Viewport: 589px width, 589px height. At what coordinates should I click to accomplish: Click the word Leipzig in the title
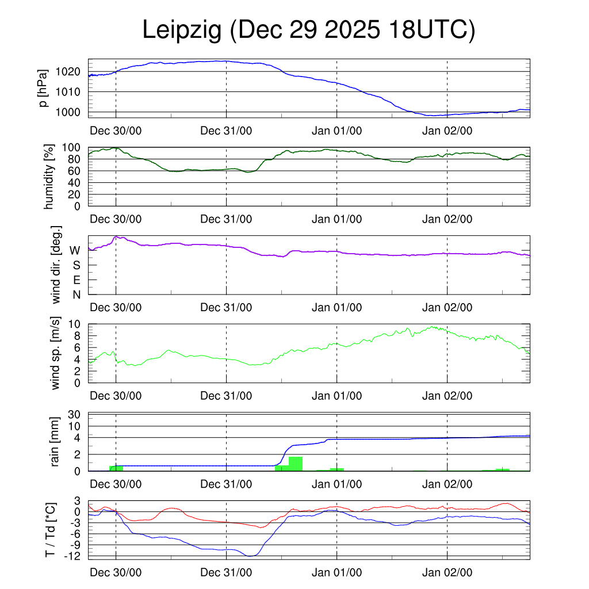(182, 30)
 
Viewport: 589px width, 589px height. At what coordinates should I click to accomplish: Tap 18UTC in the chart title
(431, 30)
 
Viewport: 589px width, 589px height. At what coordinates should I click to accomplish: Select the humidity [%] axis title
(49, 177)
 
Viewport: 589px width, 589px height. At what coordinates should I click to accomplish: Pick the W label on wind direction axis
(75, 251)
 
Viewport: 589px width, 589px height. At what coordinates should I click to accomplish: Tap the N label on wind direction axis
(76, 295)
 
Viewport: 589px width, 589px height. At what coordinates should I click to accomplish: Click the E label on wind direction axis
(76, 280)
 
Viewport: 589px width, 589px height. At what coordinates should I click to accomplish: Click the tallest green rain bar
(296, 464)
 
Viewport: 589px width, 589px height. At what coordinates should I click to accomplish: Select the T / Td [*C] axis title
(50, 529)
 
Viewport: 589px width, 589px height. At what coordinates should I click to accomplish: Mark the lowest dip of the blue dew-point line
(250, 556)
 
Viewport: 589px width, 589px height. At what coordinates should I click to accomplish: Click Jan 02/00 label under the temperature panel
(448, 573)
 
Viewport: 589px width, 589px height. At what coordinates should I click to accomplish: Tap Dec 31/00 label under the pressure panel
(226, 131)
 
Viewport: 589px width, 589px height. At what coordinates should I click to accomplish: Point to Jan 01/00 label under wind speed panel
(337, 396)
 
